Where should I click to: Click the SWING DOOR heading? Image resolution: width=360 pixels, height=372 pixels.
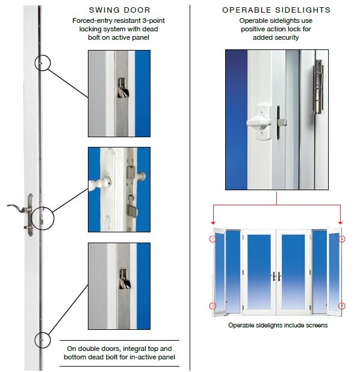point(120,10)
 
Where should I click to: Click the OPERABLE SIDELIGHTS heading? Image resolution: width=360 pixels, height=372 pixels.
point(276,10)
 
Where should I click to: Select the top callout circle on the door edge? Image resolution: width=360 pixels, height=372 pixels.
point(43,63)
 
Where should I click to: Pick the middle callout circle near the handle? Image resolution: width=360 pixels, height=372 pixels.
point(43,219)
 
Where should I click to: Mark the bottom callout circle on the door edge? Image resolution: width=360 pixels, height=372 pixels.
point(43,340)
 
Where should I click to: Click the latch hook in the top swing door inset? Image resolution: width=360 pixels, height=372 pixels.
point(123,88)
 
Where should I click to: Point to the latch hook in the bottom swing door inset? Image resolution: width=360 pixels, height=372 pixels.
point(125,279)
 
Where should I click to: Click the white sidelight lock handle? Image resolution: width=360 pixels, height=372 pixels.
point(259,123)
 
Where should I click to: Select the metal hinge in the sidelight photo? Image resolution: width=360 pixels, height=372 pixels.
point(318,87)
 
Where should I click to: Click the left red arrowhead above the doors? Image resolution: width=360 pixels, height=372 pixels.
point(213,223)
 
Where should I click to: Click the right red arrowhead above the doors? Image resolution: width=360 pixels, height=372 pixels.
point(340,223)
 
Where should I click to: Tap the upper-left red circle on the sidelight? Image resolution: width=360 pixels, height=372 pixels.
point(213,239)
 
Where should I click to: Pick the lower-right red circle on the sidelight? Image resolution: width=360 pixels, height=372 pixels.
point(341,306)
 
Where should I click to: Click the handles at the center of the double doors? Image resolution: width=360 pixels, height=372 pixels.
point(276,276)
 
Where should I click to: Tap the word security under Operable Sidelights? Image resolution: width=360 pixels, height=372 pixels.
point(288,37)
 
